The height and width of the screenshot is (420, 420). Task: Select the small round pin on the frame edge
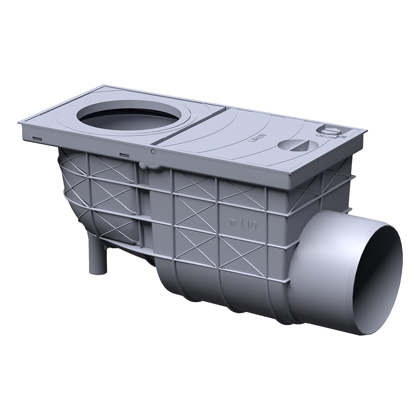(x=153, y=151)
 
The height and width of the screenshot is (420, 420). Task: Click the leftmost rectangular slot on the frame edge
(x=37, y=138)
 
